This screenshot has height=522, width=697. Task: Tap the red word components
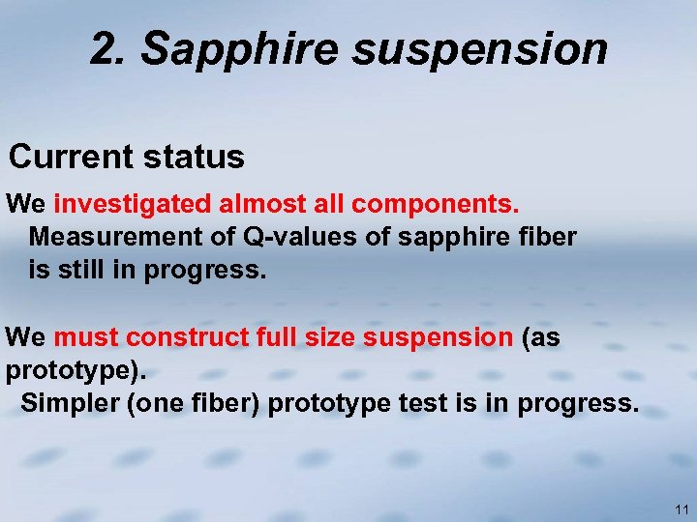click(x=437, y=205)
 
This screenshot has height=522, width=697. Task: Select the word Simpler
click(x=70, y=403)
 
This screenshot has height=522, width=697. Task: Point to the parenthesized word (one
click(x=151, y=403)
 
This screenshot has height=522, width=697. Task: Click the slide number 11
click(x=682, y=508)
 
